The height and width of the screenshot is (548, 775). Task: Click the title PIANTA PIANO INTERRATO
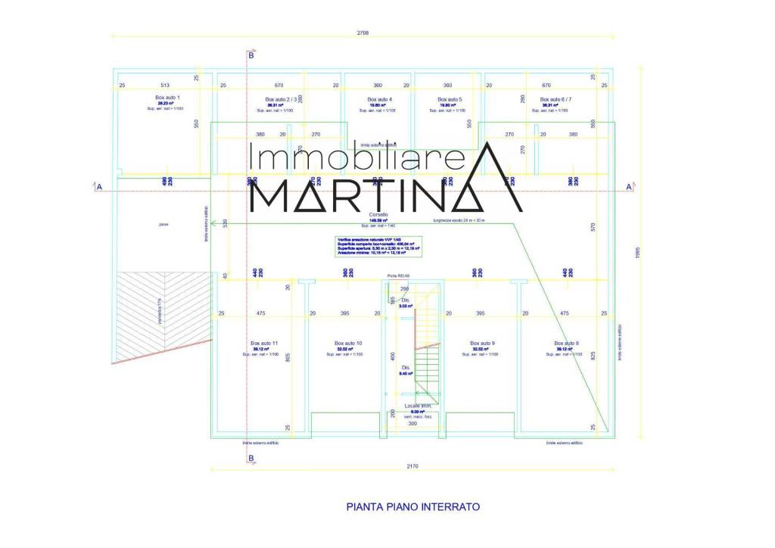tap(413, 506)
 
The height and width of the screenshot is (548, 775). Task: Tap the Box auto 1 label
tap(167, 98)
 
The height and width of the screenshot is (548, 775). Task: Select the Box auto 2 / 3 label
tap(281, 99)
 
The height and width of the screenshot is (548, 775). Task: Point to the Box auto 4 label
tap(379, 99)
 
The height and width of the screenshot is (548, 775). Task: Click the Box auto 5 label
tap(450, 99)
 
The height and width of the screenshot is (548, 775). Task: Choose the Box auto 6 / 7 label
tap(556, 99)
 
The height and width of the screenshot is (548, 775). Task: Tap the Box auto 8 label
tap(565, 343)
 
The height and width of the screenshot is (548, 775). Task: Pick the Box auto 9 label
tap(482, 343)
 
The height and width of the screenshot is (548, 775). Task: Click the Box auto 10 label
tap(348, 343)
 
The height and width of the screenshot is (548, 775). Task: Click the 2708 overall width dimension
tap(363, 33)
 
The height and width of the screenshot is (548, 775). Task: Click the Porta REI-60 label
tap(397, 276)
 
